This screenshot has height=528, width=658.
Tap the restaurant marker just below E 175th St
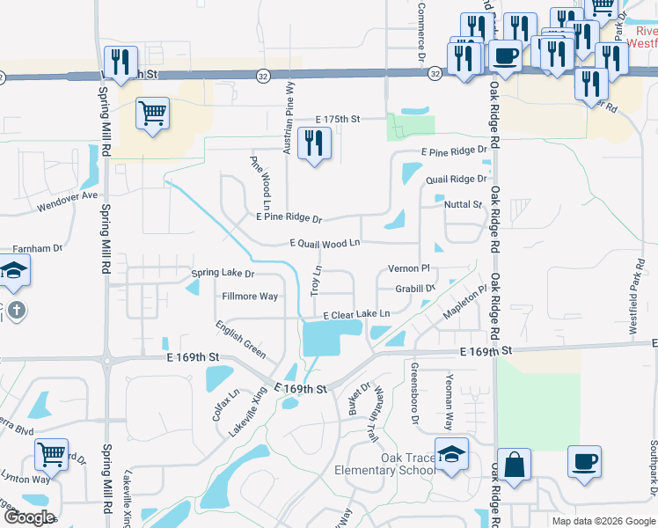tap(314, 143)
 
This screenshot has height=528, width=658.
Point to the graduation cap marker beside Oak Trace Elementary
tap(452, 455)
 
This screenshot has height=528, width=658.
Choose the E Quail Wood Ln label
tap(325, 243)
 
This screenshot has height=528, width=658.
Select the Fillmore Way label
tap(250, 297)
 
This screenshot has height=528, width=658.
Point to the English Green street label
tap(241, 339)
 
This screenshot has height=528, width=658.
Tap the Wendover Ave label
tap(68, 202)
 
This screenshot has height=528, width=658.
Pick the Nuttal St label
tap(464, 204)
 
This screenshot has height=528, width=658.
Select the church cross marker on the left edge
tap(16, 311)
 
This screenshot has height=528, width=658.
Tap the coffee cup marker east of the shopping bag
tap(583, 463)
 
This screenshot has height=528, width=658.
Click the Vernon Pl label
tap(408, 268)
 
